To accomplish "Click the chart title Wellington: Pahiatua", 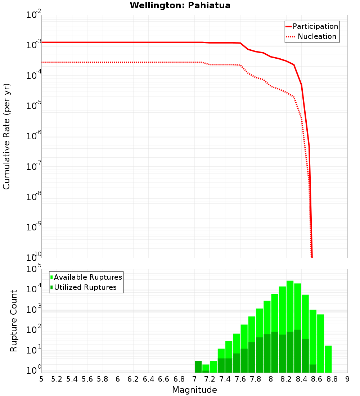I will pyautogui.click(x=180, y=5).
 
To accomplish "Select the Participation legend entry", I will pyautogui.click(x=315, y=27).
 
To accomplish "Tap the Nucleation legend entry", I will pyautogui.click(x=317, y=37).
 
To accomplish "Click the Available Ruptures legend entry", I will pyautogui.click(x=88, y=277).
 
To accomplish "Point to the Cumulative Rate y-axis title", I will pyautogui.click(x=6, y=136).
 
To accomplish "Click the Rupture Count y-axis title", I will pyautogui.click(x=14, y=320).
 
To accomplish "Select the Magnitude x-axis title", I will pyautogui.click(x=194, y=390).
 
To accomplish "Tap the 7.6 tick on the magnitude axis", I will pyautogui.click(x=240, y=379).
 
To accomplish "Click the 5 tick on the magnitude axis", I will pyautogui.click(x=41, y=379).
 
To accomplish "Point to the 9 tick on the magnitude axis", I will pyautogui.click(x=347, y=379).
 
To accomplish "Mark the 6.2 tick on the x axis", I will pyautogui.click(x=133, y=379).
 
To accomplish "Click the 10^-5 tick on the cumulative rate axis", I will pyautogui.click(x=33, y=106).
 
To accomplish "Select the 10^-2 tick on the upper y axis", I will pyautogui.click(x=33, y=15).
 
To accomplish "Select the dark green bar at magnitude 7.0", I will pyautogui.click(x=198, y=366).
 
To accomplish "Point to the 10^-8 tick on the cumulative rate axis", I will pyautogui.click(x=33, y=197).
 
